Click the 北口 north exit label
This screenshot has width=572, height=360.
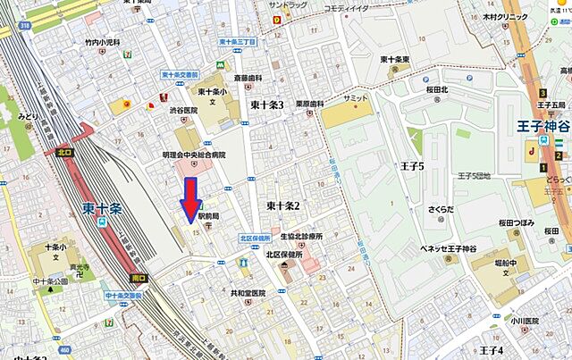point(63,151)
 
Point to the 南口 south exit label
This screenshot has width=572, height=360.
point(137,278)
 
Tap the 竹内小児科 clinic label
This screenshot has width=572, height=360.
point(103,41)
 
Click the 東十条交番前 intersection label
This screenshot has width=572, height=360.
point(181,75)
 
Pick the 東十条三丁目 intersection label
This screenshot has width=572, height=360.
point(237,42)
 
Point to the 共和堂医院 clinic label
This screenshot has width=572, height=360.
point(248,293)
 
